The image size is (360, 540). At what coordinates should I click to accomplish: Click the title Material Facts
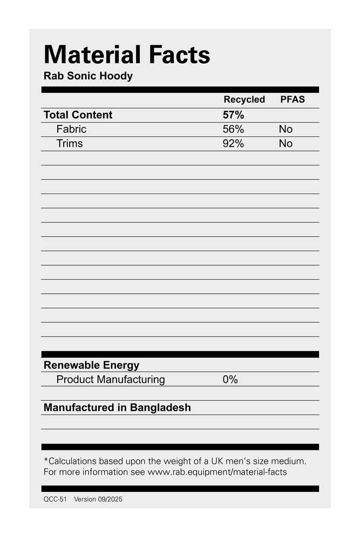click(x=127, y=55)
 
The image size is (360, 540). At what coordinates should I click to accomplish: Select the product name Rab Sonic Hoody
click(x=88, y=76)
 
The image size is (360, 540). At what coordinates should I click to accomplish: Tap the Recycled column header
click(x=244, y=100)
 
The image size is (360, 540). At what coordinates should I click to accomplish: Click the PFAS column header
click(x=292, y=100)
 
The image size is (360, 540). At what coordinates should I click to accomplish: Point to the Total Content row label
click(x=78, y=115)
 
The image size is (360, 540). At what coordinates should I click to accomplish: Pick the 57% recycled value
click(x=233, y=115)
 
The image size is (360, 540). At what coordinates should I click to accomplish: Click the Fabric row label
click(x=71, y=130)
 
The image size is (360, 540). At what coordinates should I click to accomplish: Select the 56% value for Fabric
click(x=233, y=130)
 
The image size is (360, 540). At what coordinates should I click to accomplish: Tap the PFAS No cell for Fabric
click(x=286, y=130)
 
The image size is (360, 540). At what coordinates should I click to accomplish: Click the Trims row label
click(x=70, y=144)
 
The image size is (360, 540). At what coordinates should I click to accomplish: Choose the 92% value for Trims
click(x=233, y=144)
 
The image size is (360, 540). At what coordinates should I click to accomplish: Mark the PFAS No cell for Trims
click(x=286, y=144)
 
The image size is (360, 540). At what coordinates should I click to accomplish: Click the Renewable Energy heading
click(x=91, y=366)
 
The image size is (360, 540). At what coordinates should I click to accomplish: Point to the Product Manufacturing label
click(x=111, y=380)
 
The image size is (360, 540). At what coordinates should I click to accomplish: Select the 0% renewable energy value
click(x=230, y=380)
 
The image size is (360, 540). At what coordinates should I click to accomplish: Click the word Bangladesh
click(x=161, y=408)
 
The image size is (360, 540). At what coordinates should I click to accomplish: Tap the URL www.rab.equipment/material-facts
click(x=217, y=472)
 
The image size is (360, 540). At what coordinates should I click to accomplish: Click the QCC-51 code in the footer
click(x=55, y=500)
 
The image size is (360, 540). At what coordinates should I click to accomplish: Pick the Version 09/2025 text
click(x=98, y=500)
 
